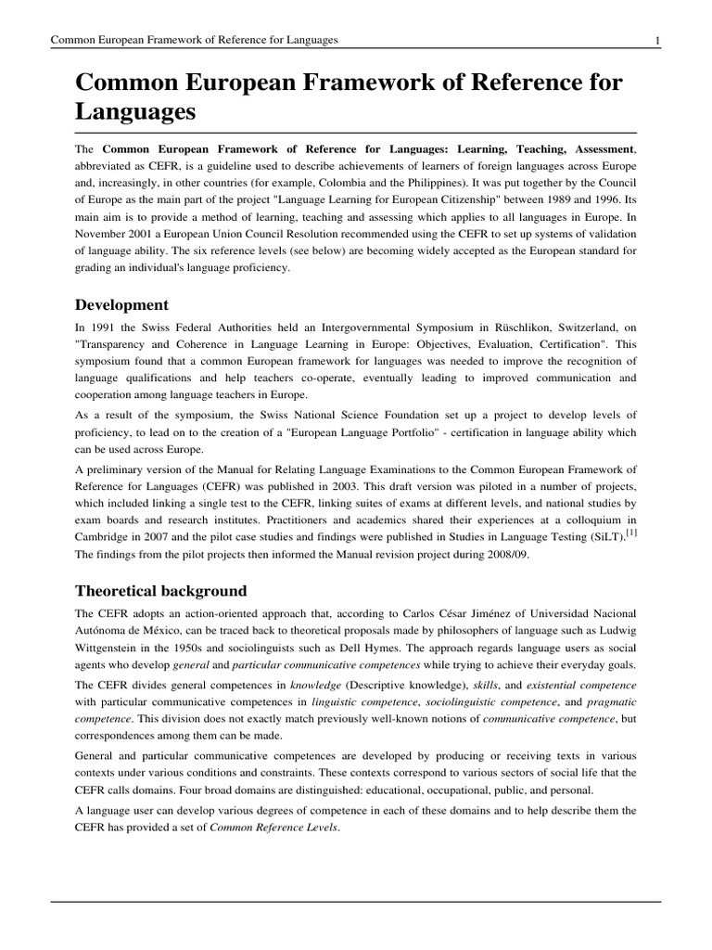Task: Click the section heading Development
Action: [x=122, y=304]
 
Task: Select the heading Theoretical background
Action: [x=161, y=590]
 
